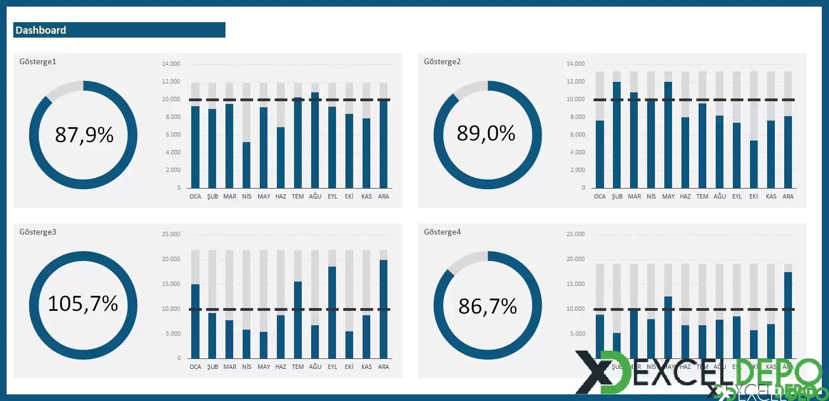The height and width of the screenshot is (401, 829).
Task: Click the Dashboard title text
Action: pyautogui.click(x=41, y=30)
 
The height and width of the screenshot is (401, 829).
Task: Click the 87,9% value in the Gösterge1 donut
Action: pyautogui.click(x=84, y=134)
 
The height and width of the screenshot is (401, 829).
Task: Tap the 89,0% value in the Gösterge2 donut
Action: pyautogui.click(x=486, y=133)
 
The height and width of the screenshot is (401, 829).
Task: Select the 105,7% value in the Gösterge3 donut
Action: pyautogui.click(x=83, y=304)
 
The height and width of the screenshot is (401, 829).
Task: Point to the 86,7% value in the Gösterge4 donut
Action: pyautogui.click(x=487, y=306)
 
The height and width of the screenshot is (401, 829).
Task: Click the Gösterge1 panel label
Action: pyautogui.click(x=38, y=61)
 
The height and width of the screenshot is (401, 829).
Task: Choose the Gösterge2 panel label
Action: pyautogui.click(x=442, y=61)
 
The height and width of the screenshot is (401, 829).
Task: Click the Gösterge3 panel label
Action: pyautogui.click(x=38, y=232)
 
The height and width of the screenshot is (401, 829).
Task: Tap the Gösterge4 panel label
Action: pyautogui.click(x=442, y=232)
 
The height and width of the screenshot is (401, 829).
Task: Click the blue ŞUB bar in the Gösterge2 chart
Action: pyautogui.click(x=617, y=135)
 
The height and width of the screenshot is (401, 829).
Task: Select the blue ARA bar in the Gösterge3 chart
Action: pyautogui.click(x=384, y=309)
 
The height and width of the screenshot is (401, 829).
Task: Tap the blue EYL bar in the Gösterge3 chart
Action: pyautogui.click(x=332, y=313)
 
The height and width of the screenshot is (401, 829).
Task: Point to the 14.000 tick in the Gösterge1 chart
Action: pyautogui.click(x=171, y=64)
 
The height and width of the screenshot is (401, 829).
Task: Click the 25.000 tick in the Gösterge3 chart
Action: pyautogui.click(x=171, y=235)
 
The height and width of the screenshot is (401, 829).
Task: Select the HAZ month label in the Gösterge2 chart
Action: pyautogui.click(x=685, y=196)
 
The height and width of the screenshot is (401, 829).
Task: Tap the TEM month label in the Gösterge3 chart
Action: pyautogui.click(x=298, y=367)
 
